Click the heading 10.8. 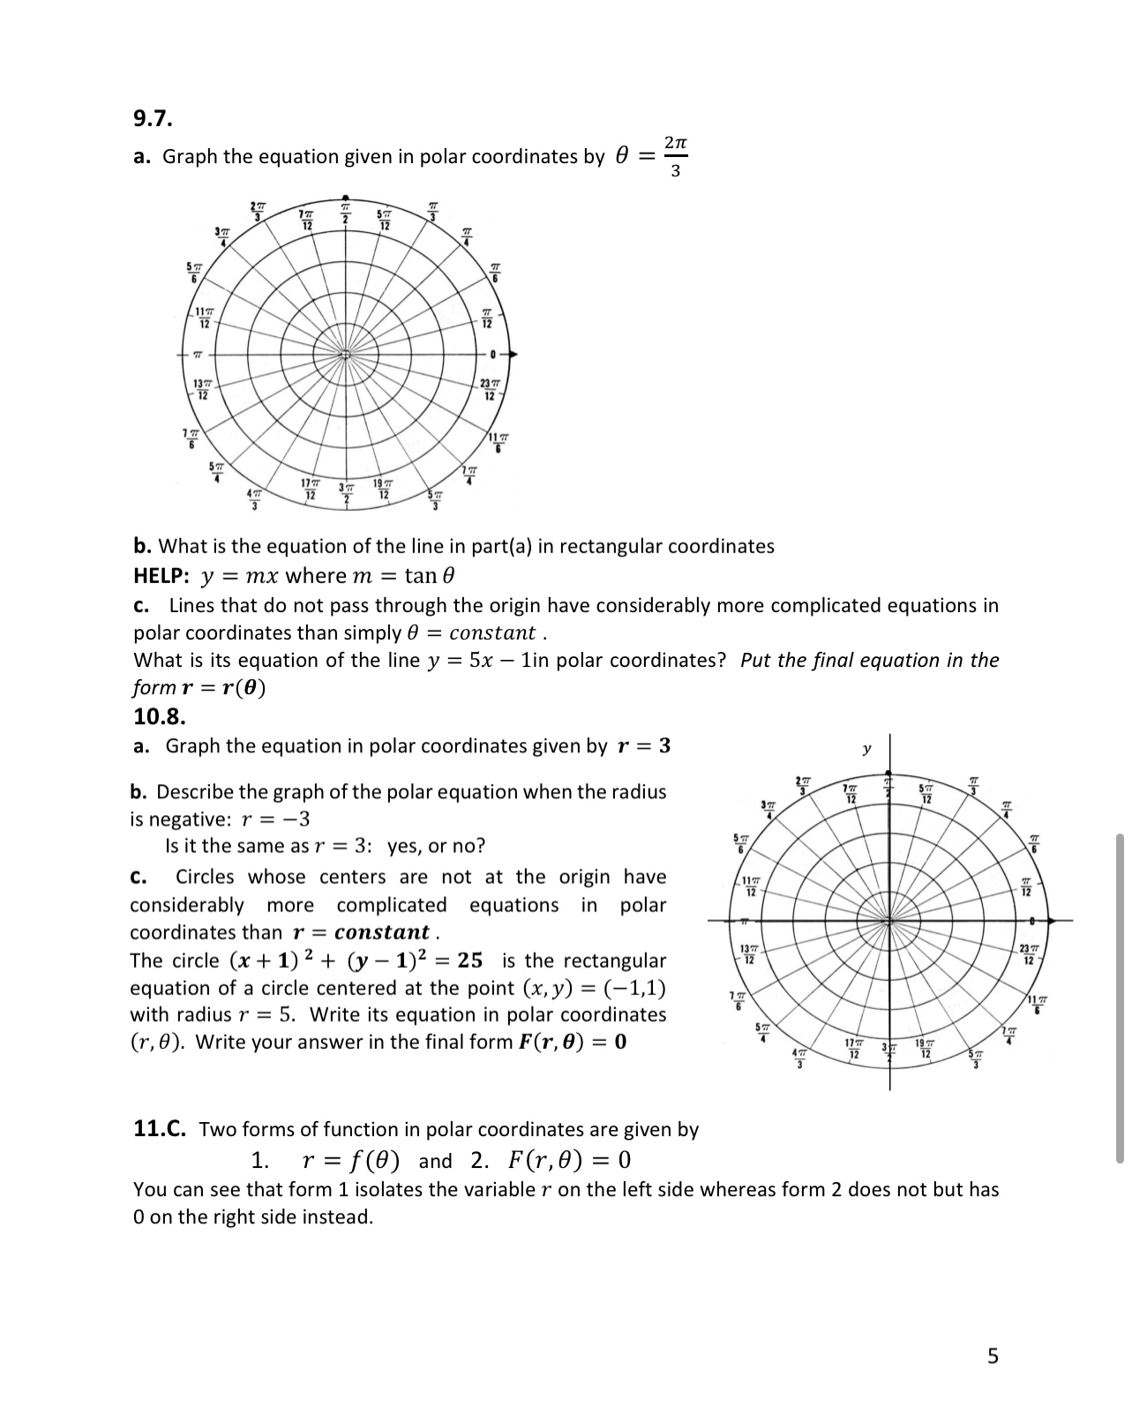[x=159, y=715]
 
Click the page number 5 [x=993, y=1356]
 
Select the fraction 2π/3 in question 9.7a [x=674, y=156]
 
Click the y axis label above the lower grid [x=866, y=749]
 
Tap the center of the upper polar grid [x=346, y=354]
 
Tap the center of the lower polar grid [x=889, y=920]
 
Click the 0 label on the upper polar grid [x=497, y=354]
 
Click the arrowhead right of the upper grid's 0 [x=513, y=354]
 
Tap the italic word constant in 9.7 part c [x=492, y=632]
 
